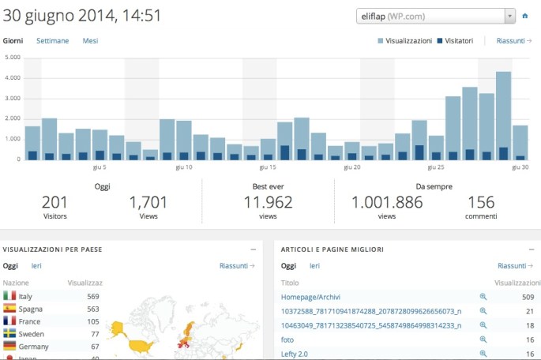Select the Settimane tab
point(52,40)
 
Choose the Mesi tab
point(90,40)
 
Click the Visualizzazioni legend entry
point(404,40)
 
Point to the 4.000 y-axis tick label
point(12,78)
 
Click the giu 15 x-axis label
point(268,167)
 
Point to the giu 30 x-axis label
point(520,167)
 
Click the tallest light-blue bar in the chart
point(503,114)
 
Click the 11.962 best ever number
point(269,202)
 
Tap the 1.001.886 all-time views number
point(387,202)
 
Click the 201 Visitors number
point(55,202)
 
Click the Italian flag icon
point(10,296)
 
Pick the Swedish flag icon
point(10,334)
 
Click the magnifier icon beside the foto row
point(483,339)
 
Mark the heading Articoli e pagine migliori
point(332,249)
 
